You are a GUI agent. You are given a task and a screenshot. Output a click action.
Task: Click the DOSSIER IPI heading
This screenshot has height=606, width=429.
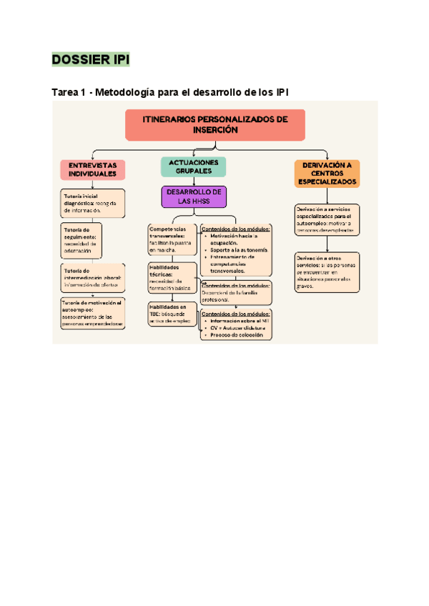point(90,60)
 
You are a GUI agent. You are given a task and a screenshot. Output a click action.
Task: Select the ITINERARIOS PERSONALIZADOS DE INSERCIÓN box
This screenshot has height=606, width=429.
point(215,125)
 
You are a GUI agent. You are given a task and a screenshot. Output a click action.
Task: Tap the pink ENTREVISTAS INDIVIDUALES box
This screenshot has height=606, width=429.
point(92,169)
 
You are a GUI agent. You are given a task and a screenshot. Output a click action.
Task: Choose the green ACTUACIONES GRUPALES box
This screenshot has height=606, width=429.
point(194,167)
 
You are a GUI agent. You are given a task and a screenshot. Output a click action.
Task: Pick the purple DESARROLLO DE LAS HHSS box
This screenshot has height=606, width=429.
point(194,197)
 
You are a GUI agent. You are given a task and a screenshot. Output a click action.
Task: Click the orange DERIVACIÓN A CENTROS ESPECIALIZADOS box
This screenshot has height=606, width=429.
point(328,173)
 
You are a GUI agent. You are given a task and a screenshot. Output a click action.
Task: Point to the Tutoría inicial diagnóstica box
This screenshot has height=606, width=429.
point(92,202)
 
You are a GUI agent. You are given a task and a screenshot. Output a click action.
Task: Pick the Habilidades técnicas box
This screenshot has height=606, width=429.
point(172,277)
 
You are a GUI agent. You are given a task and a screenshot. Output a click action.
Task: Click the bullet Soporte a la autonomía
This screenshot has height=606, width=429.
point(240,250)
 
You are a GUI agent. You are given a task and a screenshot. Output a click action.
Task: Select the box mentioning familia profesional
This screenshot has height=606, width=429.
point(236,292)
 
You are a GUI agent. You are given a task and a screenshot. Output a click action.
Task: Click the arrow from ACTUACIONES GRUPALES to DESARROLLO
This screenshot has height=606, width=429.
point(194,182)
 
